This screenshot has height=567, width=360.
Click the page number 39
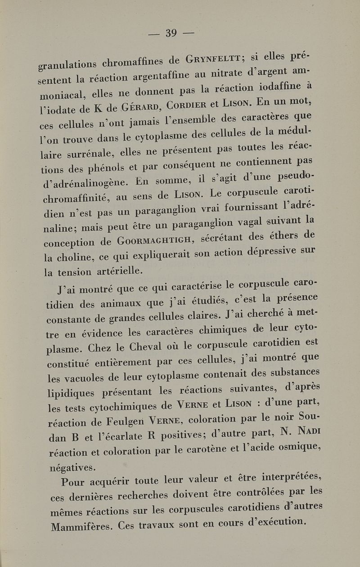click(171, 33)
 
